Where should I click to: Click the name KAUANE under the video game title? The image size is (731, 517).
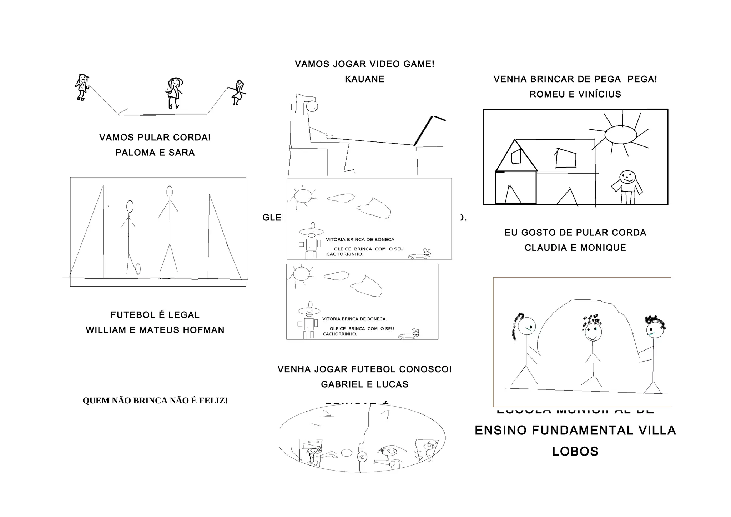point(364,79)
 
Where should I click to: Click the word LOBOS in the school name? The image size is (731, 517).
point(575,452)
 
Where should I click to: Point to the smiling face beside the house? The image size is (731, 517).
point(627,177)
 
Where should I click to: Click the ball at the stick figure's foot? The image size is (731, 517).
point(138,268)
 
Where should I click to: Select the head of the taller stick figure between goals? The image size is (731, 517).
point(170,192)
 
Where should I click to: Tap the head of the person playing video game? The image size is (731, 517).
point(312,106)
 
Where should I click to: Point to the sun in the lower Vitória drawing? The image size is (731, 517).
point(301,274)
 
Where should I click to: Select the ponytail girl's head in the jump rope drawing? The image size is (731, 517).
point(527,326)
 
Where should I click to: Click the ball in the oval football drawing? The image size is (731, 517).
point(346,453)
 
